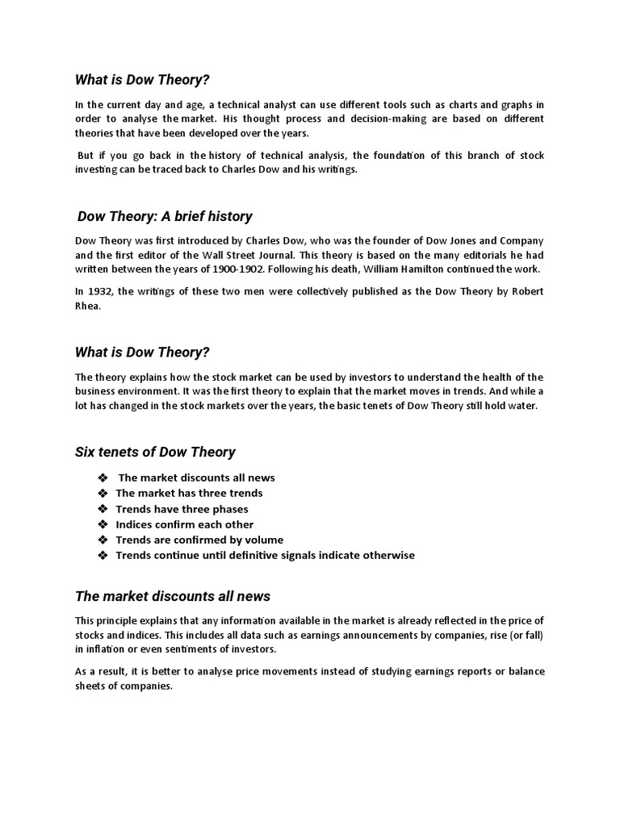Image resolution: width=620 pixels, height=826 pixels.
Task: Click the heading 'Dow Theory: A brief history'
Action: (165, 216)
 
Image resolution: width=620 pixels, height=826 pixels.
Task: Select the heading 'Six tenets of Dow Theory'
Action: (155, 452)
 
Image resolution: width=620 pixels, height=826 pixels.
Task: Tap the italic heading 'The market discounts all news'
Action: (173, 596)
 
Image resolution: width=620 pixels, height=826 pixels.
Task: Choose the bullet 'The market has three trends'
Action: (189, 493)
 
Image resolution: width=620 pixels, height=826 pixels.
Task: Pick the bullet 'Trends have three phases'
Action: (182, 509)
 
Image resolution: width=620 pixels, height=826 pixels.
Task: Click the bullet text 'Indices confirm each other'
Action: (184, 524)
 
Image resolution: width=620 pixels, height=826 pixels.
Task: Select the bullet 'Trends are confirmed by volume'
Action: (199, 540)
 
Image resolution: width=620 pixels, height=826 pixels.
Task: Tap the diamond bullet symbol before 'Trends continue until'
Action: (103, 556)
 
